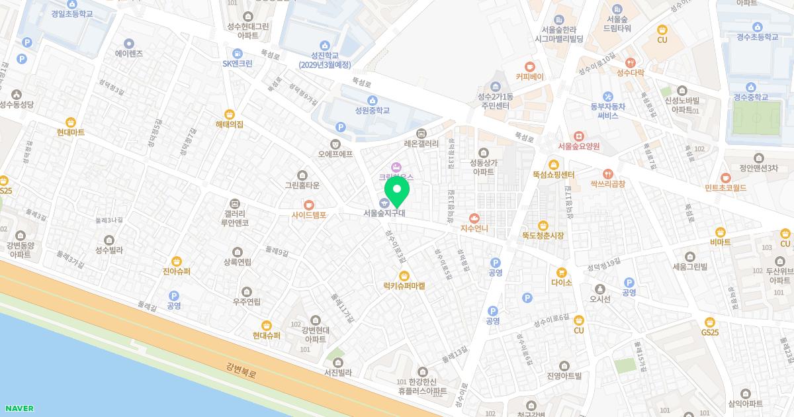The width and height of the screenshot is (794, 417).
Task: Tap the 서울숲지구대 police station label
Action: pos(384,213)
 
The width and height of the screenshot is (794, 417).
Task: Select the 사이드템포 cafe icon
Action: pos(309,205)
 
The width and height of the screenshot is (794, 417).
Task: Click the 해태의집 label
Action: pos(230,124)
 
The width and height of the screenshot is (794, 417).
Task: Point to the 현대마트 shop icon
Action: pos(70,122)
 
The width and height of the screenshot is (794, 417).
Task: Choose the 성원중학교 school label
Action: pos(372,111)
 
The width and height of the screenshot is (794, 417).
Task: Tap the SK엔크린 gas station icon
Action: pos(237,54)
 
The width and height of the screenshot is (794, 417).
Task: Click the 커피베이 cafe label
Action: pos(529,77)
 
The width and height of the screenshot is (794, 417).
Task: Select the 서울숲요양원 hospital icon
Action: pos(578,136)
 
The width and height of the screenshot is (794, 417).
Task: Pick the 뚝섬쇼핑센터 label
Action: pos(553,175)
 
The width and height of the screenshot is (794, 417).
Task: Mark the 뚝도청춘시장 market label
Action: pos(543,236)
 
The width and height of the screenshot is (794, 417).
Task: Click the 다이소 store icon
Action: pos(561,271)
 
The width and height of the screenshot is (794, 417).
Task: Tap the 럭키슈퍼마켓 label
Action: pos(404,286)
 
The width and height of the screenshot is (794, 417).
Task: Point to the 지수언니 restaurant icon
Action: pos(474,218)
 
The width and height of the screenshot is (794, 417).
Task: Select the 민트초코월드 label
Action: pos(726,188)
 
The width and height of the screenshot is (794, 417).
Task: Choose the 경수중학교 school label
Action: pos(750,97)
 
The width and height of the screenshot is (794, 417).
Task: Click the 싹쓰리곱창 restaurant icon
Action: pos(607,173)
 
